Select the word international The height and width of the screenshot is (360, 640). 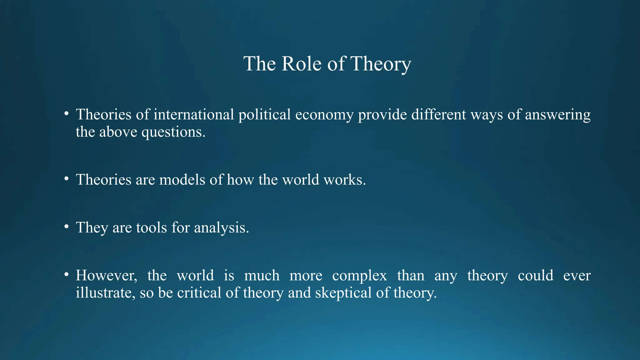point(194,114)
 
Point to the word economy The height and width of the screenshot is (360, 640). point(324,115)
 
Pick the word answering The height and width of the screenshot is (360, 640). point(557,115)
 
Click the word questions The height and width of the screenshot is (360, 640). point(173,132)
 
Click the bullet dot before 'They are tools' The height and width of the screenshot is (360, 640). point(66,227)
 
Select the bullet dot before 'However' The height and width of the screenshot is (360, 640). point(66,274)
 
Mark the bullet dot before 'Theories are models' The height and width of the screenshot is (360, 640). point(66,179)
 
